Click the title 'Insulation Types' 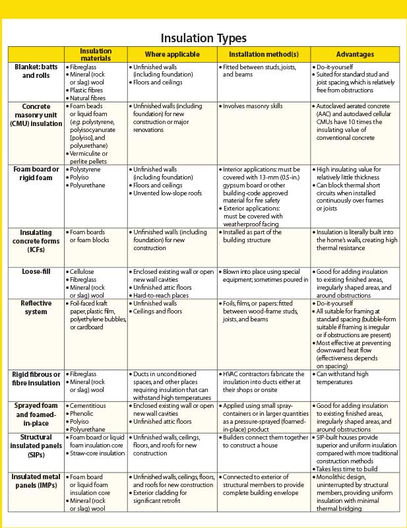[203, 38]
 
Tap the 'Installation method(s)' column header [263, 55]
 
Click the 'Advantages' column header [355, 55]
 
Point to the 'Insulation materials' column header [96, 55]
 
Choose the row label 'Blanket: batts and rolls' [36, 71]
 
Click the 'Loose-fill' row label [36, 271]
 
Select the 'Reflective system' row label [36, 307]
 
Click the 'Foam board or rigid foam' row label [36, 174]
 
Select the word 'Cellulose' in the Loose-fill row [84, 271]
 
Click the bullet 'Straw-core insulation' [98, 453]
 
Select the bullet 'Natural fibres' [88, 98]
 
